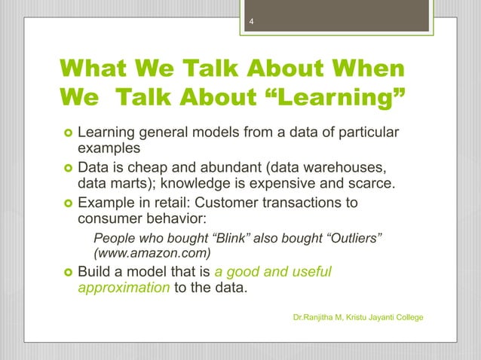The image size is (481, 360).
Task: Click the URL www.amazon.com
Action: click(151, 254)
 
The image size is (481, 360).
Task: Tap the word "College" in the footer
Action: click(407, 319)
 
